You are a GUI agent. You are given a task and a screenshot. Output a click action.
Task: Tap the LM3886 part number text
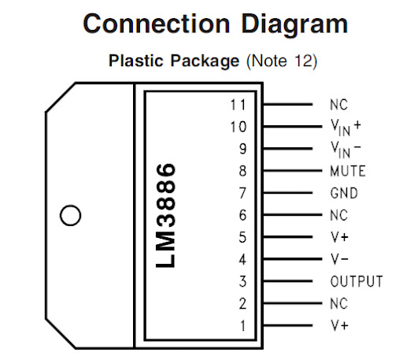click(x=165, y=215)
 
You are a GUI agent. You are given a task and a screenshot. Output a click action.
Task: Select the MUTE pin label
click(x=348, y=171)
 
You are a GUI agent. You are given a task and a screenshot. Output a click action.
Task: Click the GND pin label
click(x=344, y=193)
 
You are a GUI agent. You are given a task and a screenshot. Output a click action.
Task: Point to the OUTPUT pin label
click(x=357, y=281)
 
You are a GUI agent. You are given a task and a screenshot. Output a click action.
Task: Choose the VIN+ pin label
click(x=346, y=128)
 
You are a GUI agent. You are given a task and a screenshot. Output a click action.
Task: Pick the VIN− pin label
click(x=346, y=150)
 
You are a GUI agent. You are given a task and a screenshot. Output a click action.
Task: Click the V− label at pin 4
click(x=340, y=259)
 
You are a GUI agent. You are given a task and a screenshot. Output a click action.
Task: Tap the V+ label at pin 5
click(x=340, y=237)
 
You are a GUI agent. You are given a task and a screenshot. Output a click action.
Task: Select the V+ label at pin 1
click(x=340, y=325)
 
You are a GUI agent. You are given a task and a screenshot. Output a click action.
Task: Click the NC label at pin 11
click(x=338, y=105)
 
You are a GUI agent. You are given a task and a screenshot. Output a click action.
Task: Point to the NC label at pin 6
click(x=338, y=215)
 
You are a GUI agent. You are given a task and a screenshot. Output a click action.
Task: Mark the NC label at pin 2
click(x=338, y=303)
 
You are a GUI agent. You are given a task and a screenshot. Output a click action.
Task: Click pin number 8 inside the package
click(x=242, y=171)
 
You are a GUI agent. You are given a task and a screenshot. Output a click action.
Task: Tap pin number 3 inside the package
click(x=242, y=281)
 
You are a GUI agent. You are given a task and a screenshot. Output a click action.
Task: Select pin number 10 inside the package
click(x=238, y=127)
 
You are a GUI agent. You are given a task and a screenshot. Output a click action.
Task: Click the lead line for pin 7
click(x=288, y=193)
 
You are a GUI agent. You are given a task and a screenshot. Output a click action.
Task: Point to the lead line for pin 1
click(x=288, y=325)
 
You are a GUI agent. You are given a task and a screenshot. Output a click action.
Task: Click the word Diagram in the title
click(x=294, y=25)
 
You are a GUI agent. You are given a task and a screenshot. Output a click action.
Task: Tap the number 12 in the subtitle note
click(x=303, y=61)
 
